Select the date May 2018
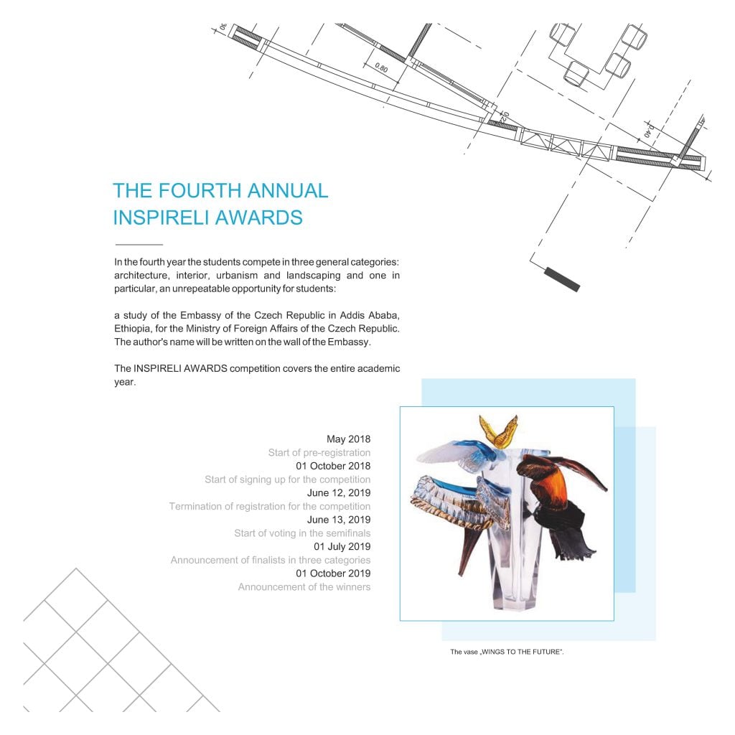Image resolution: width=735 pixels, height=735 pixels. coord(348,439)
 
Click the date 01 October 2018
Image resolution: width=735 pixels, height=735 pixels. coord(333,466)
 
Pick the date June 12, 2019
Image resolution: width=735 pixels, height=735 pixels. coord(339,493)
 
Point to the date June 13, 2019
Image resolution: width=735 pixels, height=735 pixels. coord(339,520)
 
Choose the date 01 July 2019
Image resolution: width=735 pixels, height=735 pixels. coord(342,546)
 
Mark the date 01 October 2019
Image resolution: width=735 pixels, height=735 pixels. coord(333,574)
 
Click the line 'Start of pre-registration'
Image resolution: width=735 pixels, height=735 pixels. coord(319,453)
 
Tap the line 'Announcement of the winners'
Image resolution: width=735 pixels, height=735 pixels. coord(304,587)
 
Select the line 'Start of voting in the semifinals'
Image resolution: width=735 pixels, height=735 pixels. coord(302,533)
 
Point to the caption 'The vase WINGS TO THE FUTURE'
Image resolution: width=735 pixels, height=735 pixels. coord(507,652)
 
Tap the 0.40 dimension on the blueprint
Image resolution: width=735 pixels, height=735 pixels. coord(648,131)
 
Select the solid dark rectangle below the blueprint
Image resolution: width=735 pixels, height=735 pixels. coord(562,279)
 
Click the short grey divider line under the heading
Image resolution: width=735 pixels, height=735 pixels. coord(139,244)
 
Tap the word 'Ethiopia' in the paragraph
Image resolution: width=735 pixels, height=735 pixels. coord(133,329)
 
